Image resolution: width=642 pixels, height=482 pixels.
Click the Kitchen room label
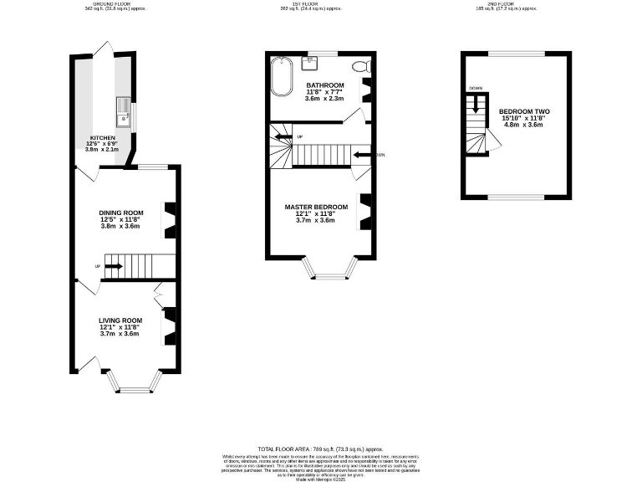[103, 138]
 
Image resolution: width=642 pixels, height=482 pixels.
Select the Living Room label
[120, 320]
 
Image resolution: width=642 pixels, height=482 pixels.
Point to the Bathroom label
[325, 85]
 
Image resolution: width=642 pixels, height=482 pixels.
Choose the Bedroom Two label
[524, 111]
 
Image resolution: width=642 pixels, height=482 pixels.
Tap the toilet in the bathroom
[360, 66]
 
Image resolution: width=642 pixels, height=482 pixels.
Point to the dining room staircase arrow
[113, 266]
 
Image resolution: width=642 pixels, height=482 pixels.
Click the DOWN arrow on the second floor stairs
[476, 105]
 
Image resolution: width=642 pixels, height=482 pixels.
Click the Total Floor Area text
[321, 449]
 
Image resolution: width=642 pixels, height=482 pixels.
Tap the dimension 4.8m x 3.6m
[524, 125]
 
